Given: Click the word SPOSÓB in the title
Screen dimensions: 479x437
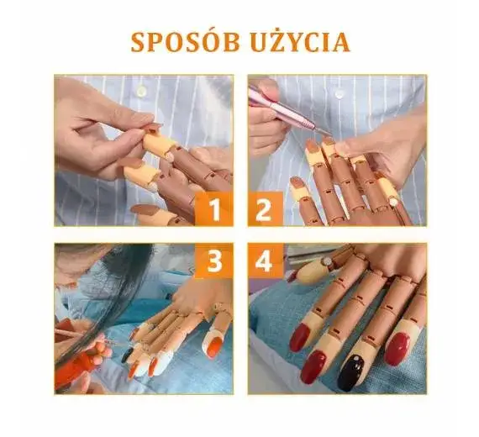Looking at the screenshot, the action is [185, 42].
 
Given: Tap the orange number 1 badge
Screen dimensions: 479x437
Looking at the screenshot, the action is [213, 209].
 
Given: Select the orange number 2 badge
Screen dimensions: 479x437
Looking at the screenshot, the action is [266, 209].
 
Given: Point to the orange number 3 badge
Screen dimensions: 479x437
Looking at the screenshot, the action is [213, 261].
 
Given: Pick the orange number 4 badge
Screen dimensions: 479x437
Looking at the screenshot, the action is [266, 261].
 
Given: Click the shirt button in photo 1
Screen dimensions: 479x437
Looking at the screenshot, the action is [141, 91].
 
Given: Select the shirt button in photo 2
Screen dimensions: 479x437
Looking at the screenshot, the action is [340, 91].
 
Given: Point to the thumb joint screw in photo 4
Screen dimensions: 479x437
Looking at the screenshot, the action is [328, 261].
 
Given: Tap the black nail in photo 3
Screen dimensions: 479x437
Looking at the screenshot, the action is [127, 355].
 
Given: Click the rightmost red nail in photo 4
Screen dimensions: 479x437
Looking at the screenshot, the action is [397, 349].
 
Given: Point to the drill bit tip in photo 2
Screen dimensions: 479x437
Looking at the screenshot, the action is [331, 134].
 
